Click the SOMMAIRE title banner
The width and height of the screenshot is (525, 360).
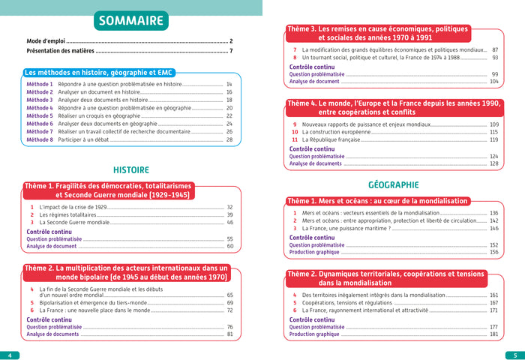(133, 19)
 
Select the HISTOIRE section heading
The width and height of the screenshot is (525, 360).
(130, 169)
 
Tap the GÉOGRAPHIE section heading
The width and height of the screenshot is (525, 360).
(393, 184)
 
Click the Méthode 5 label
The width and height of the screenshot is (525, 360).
(40, 116)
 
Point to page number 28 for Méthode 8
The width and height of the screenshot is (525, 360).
(229, 140)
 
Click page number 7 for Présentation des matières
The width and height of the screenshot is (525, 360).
(232, 51)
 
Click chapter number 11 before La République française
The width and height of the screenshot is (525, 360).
(295, 140)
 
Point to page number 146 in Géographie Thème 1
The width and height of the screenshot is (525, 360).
(493, 229)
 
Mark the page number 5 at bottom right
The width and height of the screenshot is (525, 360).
(515, 354)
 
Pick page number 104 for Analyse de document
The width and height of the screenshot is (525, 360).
(493, 82)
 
